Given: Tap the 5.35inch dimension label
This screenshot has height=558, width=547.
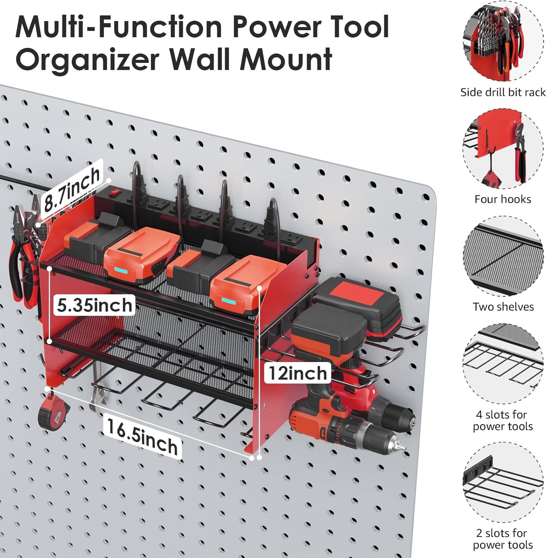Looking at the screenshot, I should pyautogui.click(x=95, y=305).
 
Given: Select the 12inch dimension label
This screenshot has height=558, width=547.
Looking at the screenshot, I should pyautogui.click(x=298, y=373).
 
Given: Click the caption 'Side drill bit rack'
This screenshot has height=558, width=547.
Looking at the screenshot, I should pyautogui.click(x=503, y=92).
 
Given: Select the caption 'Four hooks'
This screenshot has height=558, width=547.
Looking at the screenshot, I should pyautogui.click(x=503, y=199).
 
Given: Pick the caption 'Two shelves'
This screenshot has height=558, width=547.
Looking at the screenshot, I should pyautogui.click(x=503, y=307).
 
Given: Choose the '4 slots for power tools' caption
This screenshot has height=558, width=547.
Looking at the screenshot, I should pyautogui.click(x=503, y=420).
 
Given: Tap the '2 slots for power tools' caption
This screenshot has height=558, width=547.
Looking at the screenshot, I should pyautogui.click(x=503, y=539).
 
